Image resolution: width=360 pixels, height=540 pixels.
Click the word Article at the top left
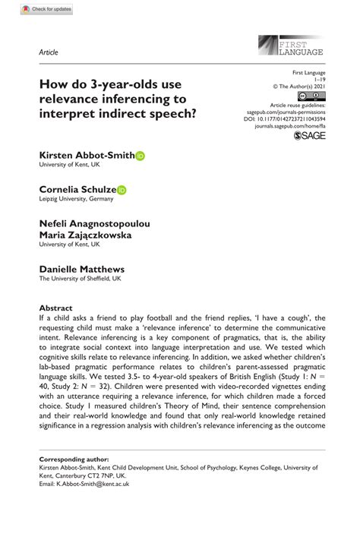point(49,52)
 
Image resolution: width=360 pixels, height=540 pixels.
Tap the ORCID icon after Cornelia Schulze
point(122,190)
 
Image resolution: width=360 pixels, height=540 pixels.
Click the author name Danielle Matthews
point(82,269)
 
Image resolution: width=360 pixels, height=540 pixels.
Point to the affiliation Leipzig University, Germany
point(76,199)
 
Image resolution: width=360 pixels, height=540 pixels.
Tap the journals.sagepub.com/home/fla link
point(292,124)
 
